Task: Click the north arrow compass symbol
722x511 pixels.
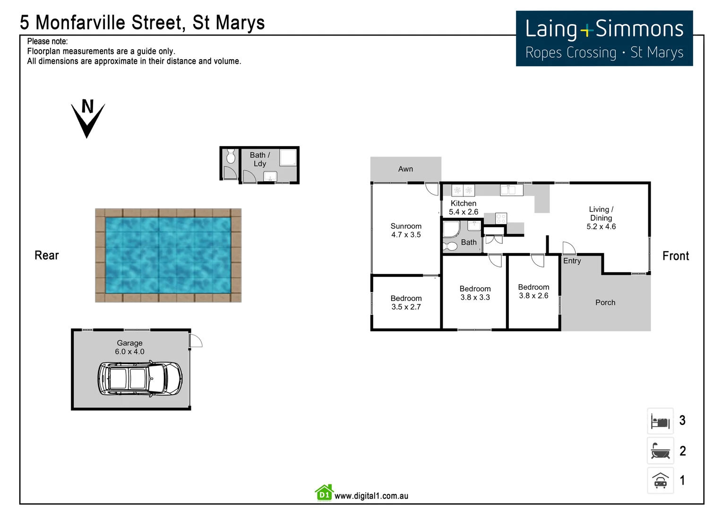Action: click(x=88, y=118)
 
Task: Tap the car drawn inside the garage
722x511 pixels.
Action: click(x=140, y=379)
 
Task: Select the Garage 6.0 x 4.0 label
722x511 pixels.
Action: click(x=129, y=347)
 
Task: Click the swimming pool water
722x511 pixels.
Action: click(x=168, y=255)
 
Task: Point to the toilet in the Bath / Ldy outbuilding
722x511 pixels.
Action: click(x=231, y=156)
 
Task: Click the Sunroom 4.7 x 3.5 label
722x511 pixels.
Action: click(x=406, y=230)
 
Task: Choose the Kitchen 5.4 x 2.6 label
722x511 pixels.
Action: click(x=464, y=208)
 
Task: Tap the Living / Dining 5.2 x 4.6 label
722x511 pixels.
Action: click(x=601, y=218)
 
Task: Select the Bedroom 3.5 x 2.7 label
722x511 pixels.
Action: click(x=406, y=302)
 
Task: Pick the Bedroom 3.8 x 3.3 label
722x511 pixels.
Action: click(x=475, y=293)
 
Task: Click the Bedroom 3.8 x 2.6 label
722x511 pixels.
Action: click(x=533, y=291)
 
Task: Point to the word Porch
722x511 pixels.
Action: click(x=605, y=302)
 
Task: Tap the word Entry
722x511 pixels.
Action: click(x=572, y=261)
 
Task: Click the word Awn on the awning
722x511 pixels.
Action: click(x=405, y=169)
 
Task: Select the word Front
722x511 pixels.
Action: click(x=676, y=256)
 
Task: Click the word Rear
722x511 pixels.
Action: click(x=47, y=255)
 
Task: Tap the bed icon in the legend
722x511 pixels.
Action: click(x=660, y=421)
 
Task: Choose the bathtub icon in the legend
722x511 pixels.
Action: click(x=660, y=451)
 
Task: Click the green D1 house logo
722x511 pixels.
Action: click(x=324, y=493)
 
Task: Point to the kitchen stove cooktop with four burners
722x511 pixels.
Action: click(x=501, y=219)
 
